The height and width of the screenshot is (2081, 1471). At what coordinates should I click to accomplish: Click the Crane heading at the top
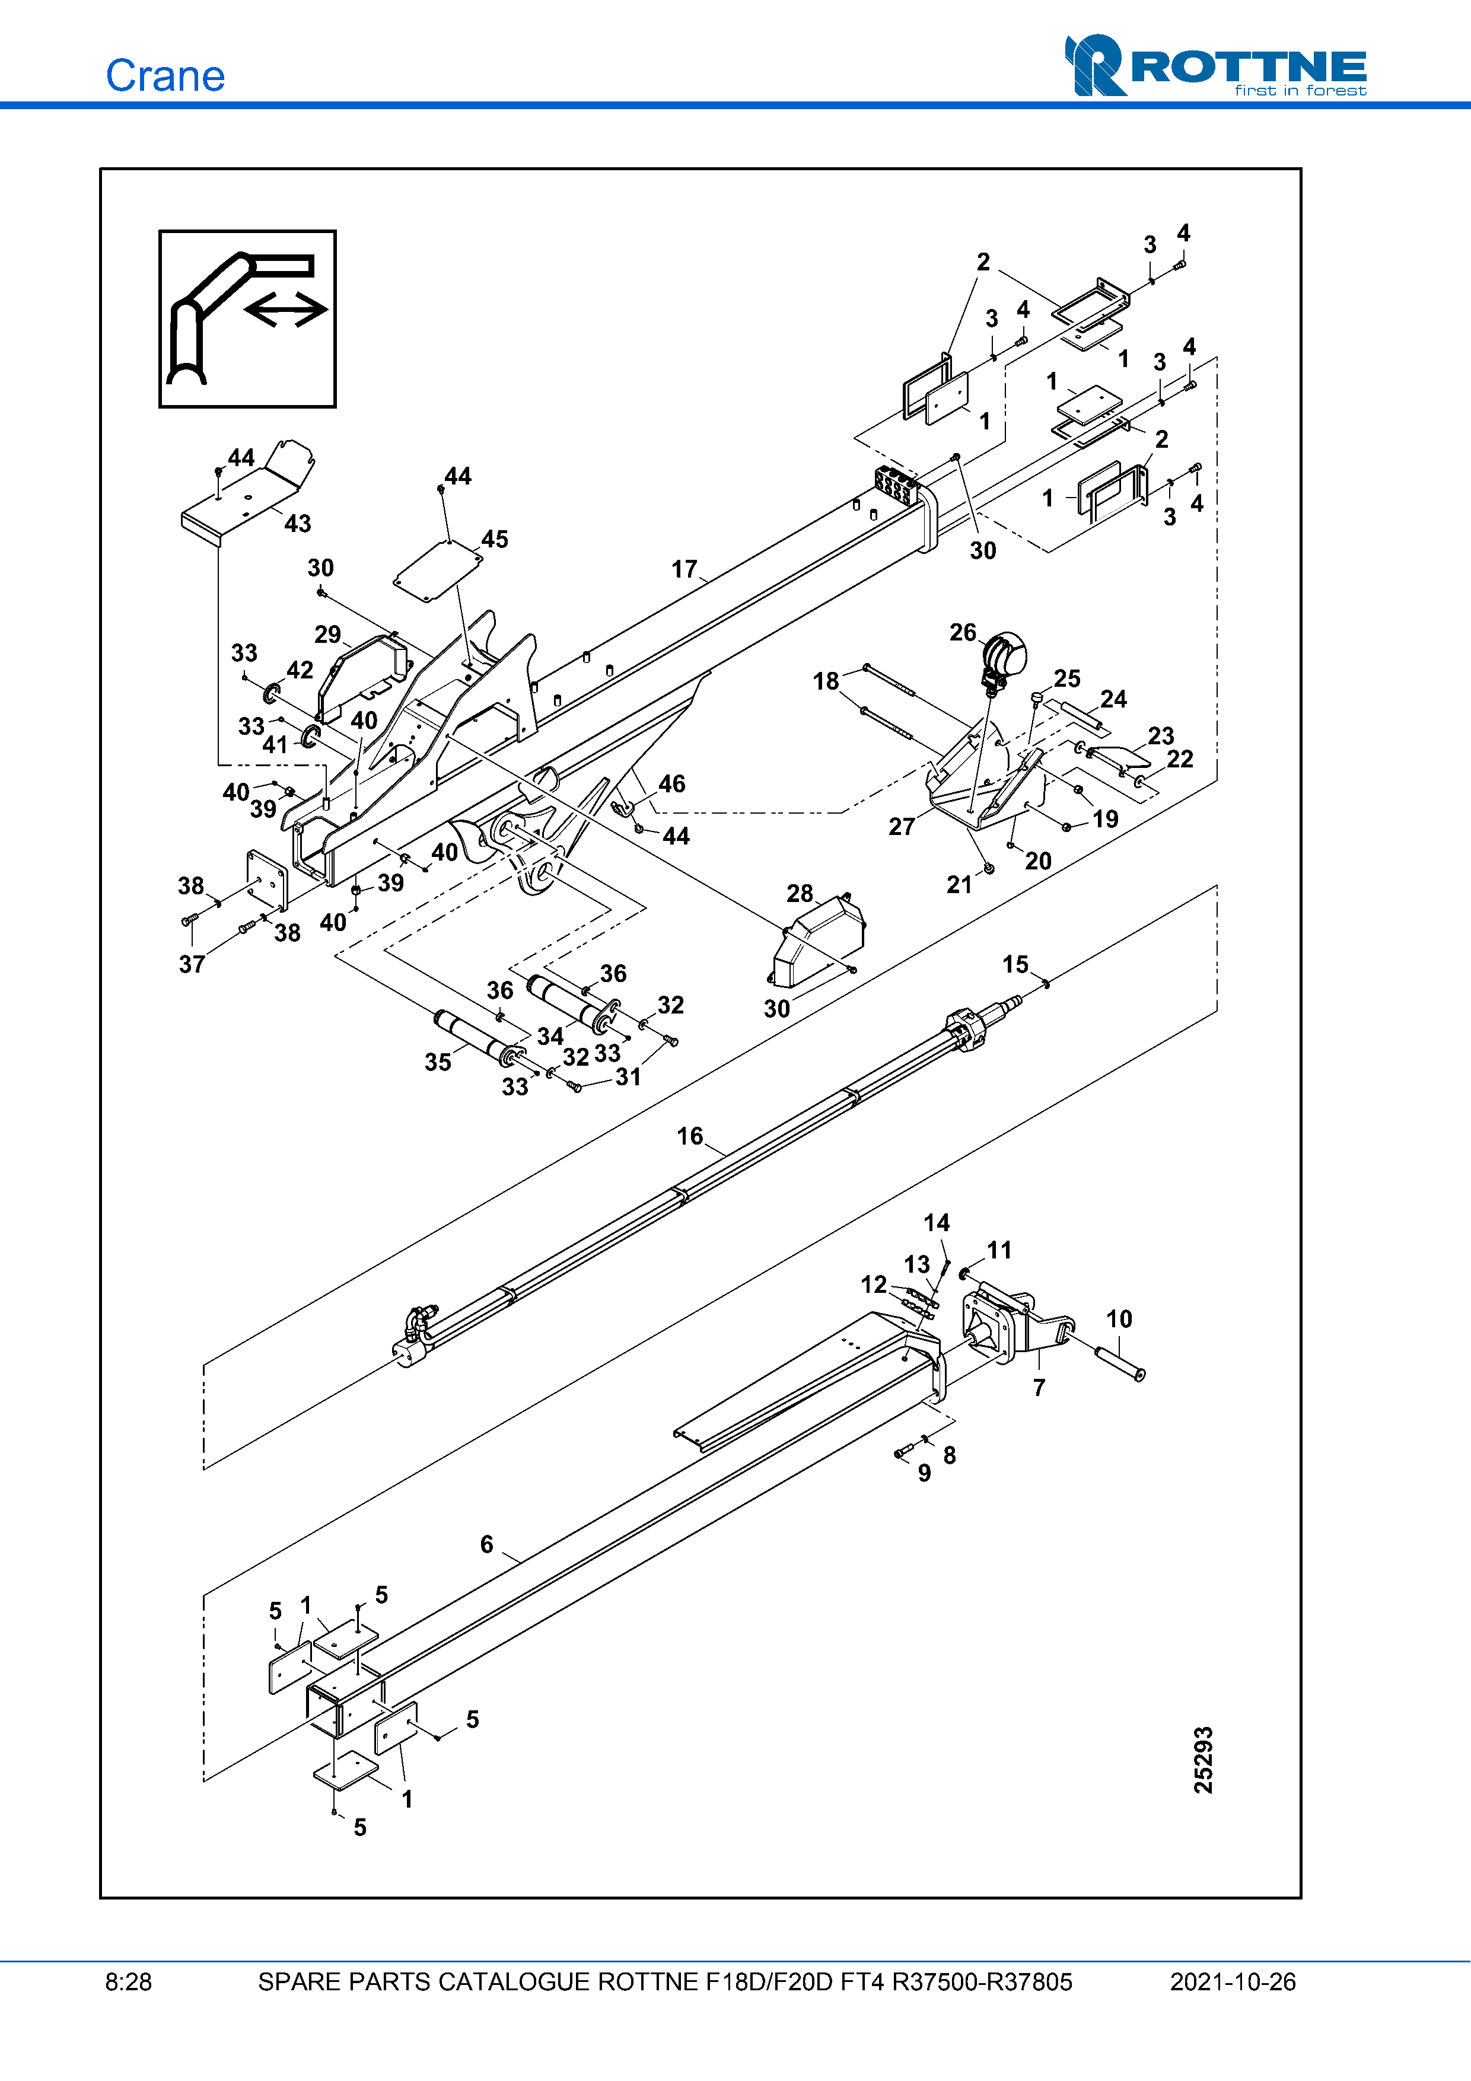tap(165, 75)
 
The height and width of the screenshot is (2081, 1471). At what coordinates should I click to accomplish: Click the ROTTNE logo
tap(1215, 65)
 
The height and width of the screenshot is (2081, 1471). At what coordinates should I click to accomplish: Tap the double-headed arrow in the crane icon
tap(285, 310)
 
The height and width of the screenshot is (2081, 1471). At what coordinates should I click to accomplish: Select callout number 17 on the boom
tap(684, 569)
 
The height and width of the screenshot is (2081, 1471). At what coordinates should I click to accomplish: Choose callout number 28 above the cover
tap(800, 894)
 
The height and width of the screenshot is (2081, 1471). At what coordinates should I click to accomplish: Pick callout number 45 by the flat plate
tap(495, 539)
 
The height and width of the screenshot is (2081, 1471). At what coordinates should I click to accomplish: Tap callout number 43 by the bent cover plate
tap(297, 524)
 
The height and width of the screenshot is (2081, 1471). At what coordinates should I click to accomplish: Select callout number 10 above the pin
tap(1119, 1319)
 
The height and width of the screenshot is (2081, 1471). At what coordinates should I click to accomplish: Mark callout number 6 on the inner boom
tap(487, 1544)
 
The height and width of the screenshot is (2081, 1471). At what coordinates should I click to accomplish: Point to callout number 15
tap(1015, 964)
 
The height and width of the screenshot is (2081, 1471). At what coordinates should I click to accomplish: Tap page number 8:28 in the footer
tap(129, 1982)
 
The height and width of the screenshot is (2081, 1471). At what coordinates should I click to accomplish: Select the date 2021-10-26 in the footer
tap(1233, 1982)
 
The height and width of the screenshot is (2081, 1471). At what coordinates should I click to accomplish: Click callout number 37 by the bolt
tap(191, 964)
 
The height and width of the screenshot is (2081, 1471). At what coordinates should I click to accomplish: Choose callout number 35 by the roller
tap(438, 1062)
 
